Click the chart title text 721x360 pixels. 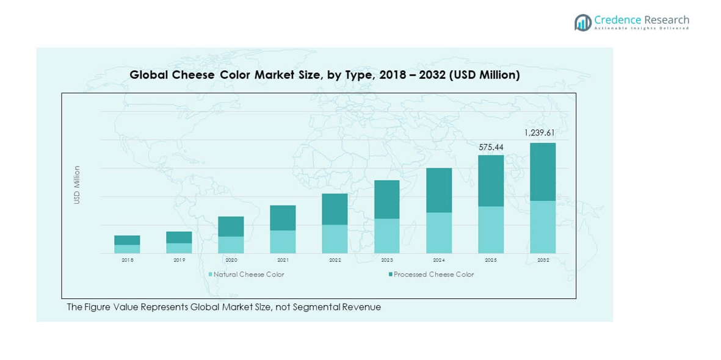(x=324, y=75)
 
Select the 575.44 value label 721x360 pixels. (x=491, y=147)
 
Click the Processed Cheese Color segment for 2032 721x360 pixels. (x=542, y=171)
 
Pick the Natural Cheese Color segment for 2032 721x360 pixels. (x=542, y=227)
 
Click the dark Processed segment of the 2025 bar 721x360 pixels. (x=491, y=181)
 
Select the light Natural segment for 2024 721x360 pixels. (x=438, y=232)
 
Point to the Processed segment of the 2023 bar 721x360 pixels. (x=386, y=200)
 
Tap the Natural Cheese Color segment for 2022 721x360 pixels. (x=335, y=239)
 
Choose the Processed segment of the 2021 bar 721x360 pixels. (x=283, y=218)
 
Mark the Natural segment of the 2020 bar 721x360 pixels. (x=231, y=245)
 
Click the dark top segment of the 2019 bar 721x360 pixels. (x=179, y=237)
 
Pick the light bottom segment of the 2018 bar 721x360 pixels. (x=127, y=249)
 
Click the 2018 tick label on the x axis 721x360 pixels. (x=127, y=260)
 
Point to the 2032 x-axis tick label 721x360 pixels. (x=542, y=260)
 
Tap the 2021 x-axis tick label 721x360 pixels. (x=283, y=260)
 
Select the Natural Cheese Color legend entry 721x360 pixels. (x=246, y=275)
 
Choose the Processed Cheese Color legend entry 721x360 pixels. (x=431, y=275)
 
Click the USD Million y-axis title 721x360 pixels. (x=77, y=184)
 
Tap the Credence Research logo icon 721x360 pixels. (x=582, y=23)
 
